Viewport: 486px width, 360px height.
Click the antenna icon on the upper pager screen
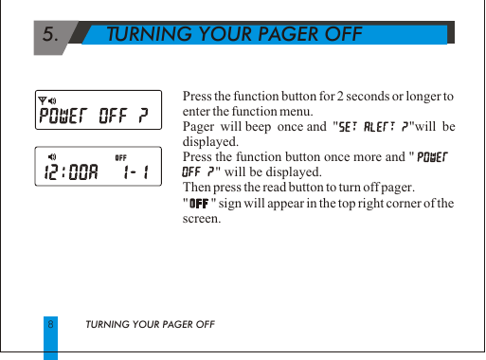coord(42,100)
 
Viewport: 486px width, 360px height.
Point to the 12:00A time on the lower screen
coord(72,171)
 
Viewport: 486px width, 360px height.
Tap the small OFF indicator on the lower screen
coord(121,156)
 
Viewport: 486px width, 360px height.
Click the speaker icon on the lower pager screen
coord(53,156)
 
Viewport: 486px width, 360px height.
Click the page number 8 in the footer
coord(50,325)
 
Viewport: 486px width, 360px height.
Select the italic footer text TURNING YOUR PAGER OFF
coord(151,325)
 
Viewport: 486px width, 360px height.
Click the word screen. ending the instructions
coord(200,218)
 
